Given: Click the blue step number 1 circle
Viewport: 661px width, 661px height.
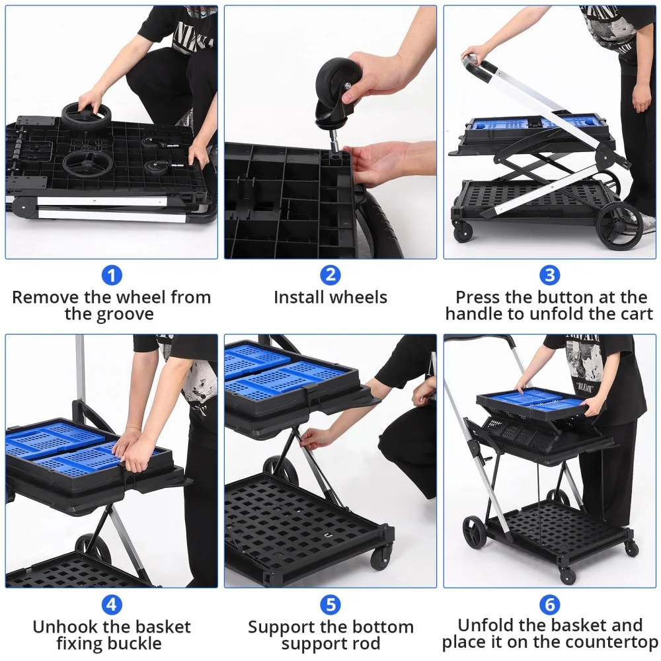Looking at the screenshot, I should [111, 275].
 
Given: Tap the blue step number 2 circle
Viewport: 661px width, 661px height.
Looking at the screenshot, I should [330, 275].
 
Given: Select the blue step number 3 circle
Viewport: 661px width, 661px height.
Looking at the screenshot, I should [549, 275].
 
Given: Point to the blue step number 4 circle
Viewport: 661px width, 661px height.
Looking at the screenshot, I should [111, 604].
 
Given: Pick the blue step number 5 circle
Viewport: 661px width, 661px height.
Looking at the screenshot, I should [330, 604].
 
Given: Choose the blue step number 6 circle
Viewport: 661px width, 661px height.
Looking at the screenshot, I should [549, 604].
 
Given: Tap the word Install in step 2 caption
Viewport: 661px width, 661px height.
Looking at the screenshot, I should [301, 297].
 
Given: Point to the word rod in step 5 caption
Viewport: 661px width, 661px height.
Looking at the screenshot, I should [366, 644].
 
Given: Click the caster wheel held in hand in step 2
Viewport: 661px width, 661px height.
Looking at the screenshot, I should [337, 86].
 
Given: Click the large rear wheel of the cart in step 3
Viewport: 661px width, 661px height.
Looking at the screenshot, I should [619, 225].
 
